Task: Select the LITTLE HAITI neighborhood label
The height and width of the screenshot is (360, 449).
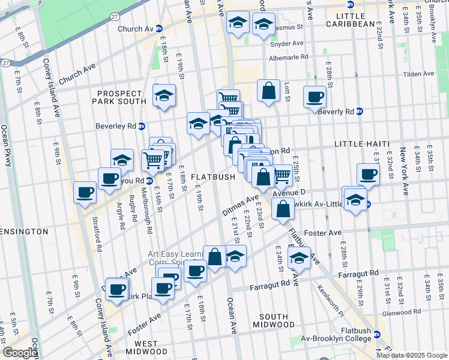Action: (357, 145)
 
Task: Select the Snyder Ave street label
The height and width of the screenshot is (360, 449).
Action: (288, 44)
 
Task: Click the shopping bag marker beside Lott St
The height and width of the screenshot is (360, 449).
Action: (269, 91)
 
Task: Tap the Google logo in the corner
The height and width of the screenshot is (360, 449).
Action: (20, 353)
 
